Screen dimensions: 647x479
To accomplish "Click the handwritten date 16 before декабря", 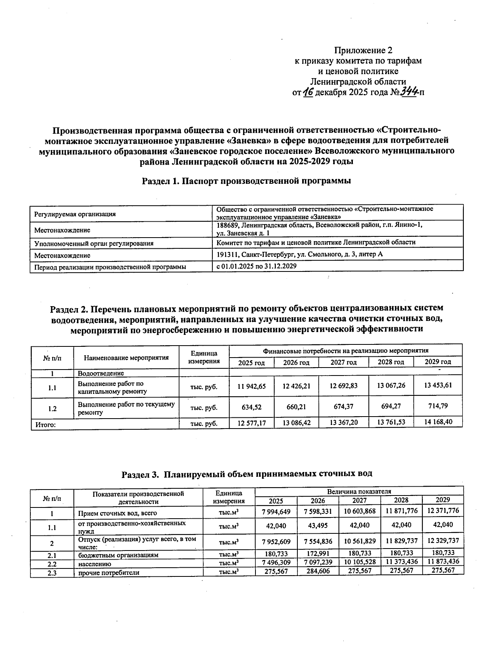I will tap(308, 92).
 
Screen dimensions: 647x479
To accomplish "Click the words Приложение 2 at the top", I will tap(363, 51).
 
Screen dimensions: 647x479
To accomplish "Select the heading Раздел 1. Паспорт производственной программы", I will tap(246, 181).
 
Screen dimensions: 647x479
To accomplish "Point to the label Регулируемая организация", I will tap(75, 214).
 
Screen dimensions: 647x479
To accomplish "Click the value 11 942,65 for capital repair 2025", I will tap(251, 387).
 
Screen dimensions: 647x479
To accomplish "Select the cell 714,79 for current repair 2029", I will tap(437, 406).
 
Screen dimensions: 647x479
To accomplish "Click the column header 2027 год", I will tap(343, 362).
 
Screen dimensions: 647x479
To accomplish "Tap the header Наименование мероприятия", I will tap(126, 358).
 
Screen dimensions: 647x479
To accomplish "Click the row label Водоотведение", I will tap(101, 374).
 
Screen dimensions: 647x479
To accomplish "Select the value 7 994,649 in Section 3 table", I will tap(276, 511).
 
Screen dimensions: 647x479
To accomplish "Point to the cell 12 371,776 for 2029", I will tap(443, 511).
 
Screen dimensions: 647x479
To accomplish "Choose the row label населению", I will tap(95, 564).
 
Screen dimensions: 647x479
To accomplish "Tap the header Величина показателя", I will tap(359, 491).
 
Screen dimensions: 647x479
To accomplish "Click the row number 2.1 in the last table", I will tap(52, 555).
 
